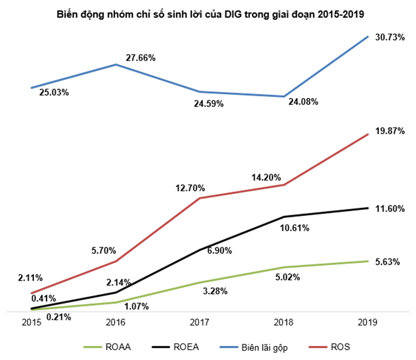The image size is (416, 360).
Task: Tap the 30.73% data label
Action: (389, 38)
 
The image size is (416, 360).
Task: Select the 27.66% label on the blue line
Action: (140, 58)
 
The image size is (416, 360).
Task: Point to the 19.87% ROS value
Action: (389, 131)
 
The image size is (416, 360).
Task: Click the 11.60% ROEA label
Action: (389, 209)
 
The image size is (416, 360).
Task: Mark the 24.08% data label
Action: (303, 102)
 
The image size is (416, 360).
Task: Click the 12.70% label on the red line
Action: (189, 188)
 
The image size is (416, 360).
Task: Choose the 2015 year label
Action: (31, 322)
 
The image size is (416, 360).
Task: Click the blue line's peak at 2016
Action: (116, 65)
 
